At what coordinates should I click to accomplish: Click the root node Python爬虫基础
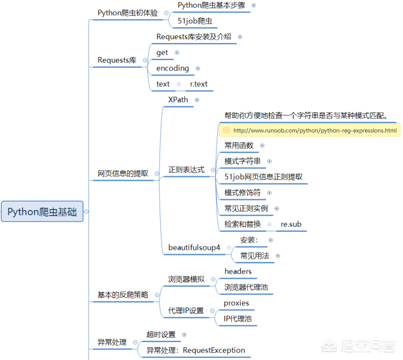point(42,212)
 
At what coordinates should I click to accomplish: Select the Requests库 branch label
point(117,60)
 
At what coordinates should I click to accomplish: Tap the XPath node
point(178,99)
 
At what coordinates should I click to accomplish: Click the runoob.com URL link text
point(315,130)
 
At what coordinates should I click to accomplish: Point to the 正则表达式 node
point(186,170)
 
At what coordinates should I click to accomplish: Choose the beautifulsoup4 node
point(194,247)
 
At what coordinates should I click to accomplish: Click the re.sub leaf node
point(291,224)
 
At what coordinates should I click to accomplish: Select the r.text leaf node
point(198,84)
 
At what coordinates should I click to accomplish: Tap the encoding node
point(172,68)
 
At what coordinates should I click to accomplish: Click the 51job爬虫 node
point(195,21)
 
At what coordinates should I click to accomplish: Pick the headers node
point(238,271)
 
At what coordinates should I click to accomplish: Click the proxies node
point(236,303)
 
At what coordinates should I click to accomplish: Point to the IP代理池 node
point(237,319)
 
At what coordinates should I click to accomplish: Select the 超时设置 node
point(161,334)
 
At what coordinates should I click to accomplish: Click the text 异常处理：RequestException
point(195,350)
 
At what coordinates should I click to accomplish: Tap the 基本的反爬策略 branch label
point(123,294)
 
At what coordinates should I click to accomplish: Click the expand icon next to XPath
point(196,100)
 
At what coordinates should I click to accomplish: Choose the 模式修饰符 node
point(243,193)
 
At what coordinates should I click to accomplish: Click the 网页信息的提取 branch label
point(123,174)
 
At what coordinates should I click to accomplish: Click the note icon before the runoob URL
point(226,130)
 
